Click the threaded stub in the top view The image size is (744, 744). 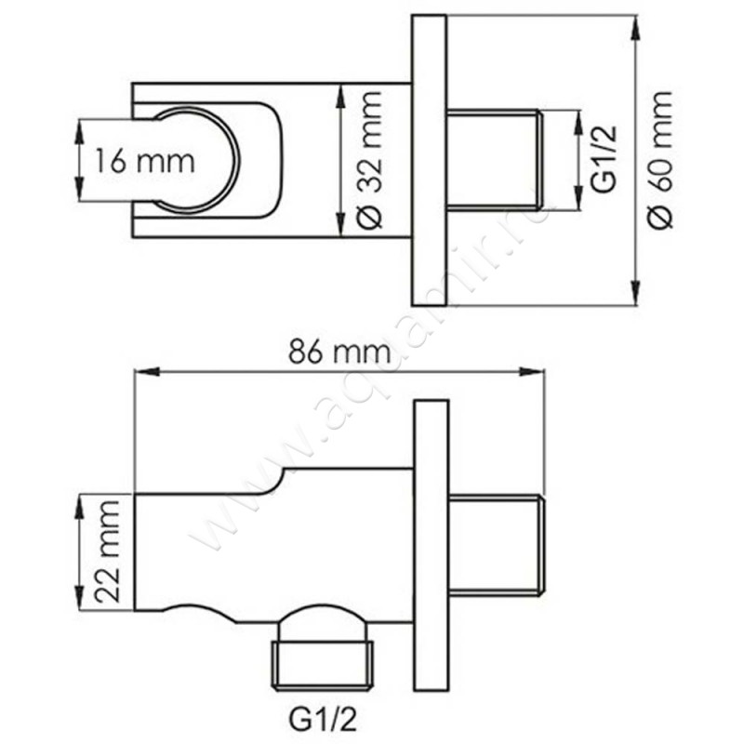(x=493, y=160)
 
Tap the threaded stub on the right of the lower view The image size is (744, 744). (x=494, y=543)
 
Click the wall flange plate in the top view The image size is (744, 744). (x=429, y=160)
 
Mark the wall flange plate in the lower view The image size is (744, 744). (x=431, y=543)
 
